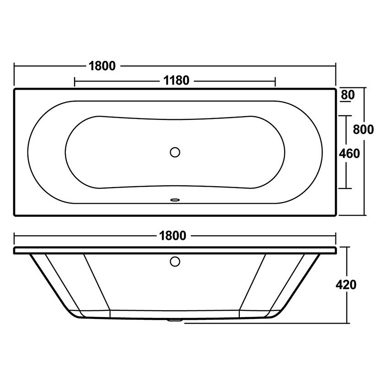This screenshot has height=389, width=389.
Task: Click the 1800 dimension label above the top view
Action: point(102,66)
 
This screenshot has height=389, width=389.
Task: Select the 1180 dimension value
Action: point(176,81)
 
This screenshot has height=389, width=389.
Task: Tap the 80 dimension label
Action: point(348,95)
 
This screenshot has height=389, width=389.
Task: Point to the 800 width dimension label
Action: point(363,130)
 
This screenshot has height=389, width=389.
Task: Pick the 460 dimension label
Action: point(349,154)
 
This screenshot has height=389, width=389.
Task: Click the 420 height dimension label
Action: point(346,285)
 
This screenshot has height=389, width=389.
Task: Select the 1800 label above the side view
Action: point(173,236)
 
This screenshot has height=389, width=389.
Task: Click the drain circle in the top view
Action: point(175,152)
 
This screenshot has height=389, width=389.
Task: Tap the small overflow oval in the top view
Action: point(175,199)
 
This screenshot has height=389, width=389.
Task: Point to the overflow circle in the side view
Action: point(175,261)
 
